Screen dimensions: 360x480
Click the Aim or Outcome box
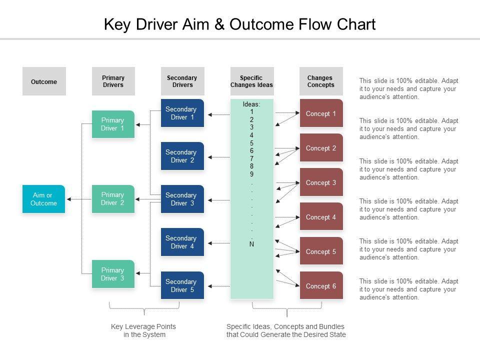43,199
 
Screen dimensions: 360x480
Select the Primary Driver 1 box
113,124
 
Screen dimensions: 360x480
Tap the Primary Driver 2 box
113,198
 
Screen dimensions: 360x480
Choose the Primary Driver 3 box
113,274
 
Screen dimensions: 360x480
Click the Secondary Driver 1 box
182,113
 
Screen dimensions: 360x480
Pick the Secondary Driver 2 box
182,156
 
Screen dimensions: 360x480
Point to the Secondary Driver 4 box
182,242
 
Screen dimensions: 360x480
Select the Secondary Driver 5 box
182,285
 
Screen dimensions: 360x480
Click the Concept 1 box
321,113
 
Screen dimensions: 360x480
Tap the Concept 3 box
321,182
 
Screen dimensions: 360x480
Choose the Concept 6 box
321,286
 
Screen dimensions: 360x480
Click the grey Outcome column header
44,81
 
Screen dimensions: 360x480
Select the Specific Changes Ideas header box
251,81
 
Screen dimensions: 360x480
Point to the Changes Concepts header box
321,81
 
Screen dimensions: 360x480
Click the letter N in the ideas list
251,244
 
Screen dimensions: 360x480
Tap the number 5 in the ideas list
251,143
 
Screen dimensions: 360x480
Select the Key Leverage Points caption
143,330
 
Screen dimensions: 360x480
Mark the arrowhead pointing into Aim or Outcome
68,199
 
